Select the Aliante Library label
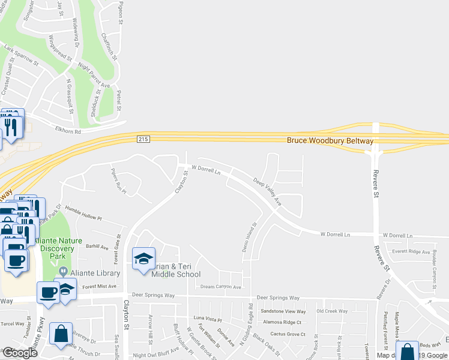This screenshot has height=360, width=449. tap(95, 273)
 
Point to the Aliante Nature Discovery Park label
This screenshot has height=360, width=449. tap(58, 248)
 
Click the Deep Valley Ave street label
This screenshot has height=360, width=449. tap(268, 191)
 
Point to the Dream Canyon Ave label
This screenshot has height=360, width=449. tap(220, 287)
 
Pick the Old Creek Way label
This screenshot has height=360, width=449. tap(332, 311)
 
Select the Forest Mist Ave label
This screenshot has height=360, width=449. tap(90, 287)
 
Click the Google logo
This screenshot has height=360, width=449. tap(20, 353)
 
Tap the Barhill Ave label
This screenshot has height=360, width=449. tap(97, 246)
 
